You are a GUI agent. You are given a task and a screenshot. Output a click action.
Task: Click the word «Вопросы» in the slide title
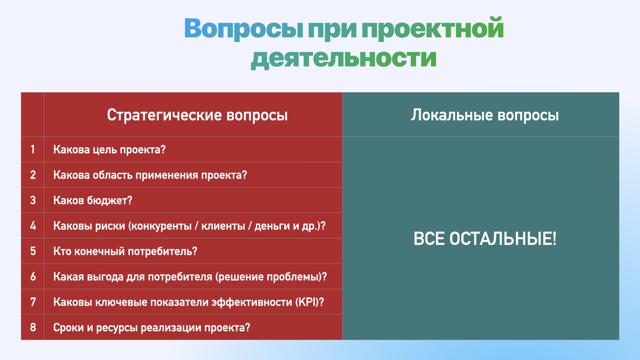pos(244,28)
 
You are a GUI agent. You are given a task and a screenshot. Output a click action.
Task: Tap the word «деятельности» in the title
pos(344,58)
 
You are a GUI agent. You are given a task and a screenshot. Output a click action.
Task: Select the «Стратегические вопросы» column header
pos(197,115)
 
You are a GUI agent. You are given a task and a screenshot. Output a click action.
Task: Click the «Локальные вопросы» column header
pos(485,115)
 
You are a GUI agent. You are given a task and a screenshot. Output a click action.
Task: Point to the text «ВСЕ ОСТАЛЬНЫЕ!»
pos(485,239)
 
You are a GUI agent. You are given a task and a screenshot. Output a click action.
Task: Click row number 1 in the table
pos(33,149)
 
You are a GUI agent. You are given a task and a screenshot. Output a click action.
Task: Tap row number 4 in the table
pos(33,226)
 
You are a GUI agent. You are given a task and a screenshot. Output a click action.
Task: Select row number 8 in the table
pos(33,327)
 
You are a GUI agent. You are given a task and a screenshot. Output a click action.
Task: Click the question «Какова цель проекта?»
pos(109,150)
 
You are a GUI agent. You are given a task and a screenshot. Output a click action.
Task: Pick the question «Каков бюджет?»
pos(93,200)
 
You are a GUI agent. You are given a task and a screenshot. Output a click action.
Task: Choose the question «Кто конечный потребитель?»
pos(125,251)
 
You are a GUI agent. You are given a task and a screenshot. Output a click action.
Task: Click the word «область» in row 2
pos(112,175)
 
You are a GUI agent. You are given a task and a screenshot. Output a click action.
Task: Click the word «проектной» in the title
pos(432,28)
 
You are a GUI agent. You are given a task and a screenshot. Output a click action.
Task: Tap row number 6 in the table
pos(33,277)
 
